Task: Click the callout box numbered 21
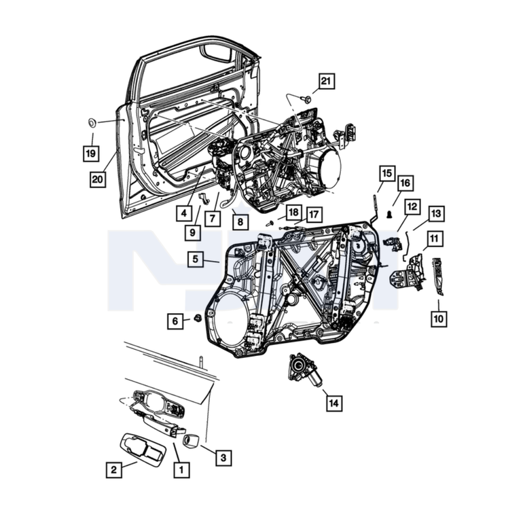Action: [326, 81]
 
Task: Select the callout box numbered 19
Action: [91, 154]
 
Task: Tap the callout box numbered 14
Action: [334, 403]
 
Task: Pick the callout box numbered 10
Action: [439, 319]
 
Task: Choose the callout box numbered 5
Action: [196, 259]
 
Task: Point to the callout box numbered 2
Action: [114, 469]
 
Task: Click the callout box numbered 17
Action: [314, 215]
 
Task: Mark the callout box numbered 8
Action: [240, 221]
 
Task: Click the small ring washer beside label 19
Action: [92, 122]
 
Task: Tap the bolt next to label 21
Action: [306, 98]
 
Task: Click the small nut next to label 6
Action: [198, 318]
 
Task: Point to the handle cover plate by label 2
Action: [143, 449]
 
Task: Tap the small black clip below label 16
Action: [389, 215]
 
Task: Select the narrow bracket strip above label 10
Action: [438, 276]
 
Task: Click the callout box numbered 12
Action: [412, 206]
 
